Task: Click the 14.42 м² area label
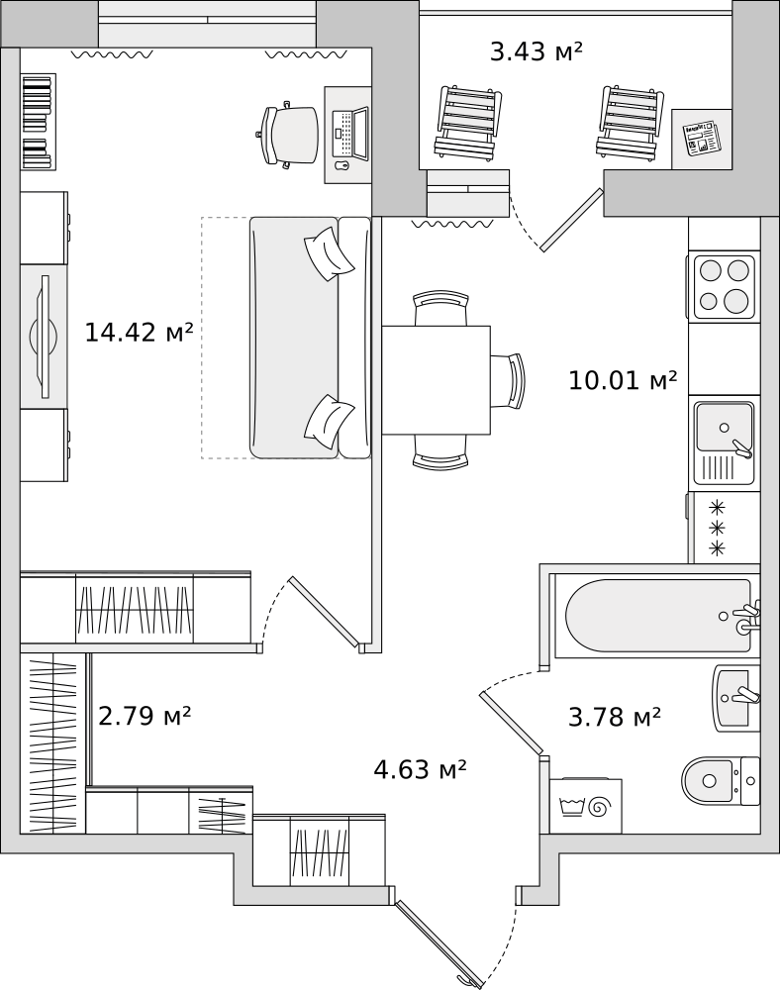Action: tap(139, 332)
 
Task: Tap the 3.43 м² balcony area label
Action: tap(536, 51)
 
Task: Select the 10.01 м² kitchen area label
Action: tap(623, 380)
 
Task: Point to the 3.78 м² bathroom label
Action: tap(615, 717)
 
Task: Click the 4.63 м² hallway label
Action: tap(421, 769)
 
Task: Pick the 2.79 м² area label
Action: tap(146, 716)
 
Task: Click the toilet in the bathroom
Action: tap(722, 781)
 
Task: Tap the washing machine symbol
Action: tap(586, 806)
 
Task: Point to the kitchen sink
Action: tap(724, 444)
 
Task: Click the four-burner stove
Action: tap(724, 286)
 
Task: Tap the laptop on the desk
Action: tap(349, 134)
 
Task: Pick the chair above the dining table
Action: tap(441, 308)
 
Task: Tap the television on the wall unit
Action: tap(45, 337)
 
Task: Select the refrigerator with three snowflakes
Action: tap(724, 528)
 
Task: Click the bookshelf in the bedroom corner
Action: tap(38, 122)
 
